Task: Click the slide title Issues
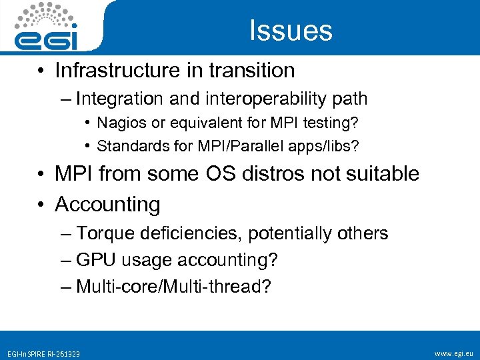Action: [x=291, y=31]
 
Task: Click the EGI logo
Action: [x=47, y=27]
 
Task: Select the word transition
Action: [x=257, y=70]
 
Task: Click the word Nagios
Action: [x=118, y=123]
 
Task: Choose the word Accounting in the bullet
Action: [x=107, y=204]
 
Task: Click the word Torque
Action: [x=101, y=233]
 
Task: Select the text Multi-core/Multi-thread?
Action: [x=173, y=287]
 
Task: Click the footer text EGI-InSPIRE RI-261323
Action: [x=43, y=353]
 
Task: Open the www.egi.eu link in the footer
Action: [x=453, y=353]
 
